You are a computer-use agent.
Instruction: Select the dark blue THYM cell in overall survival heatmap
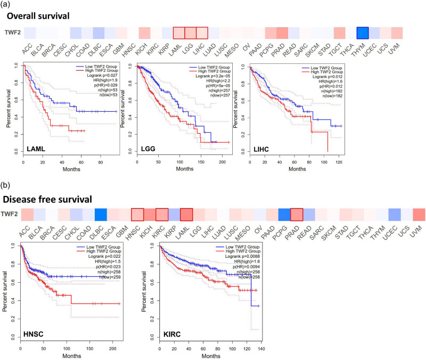tap(364, 32)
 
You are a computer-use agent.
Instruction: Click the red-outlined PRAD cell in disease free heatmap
tap(296, 215)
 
